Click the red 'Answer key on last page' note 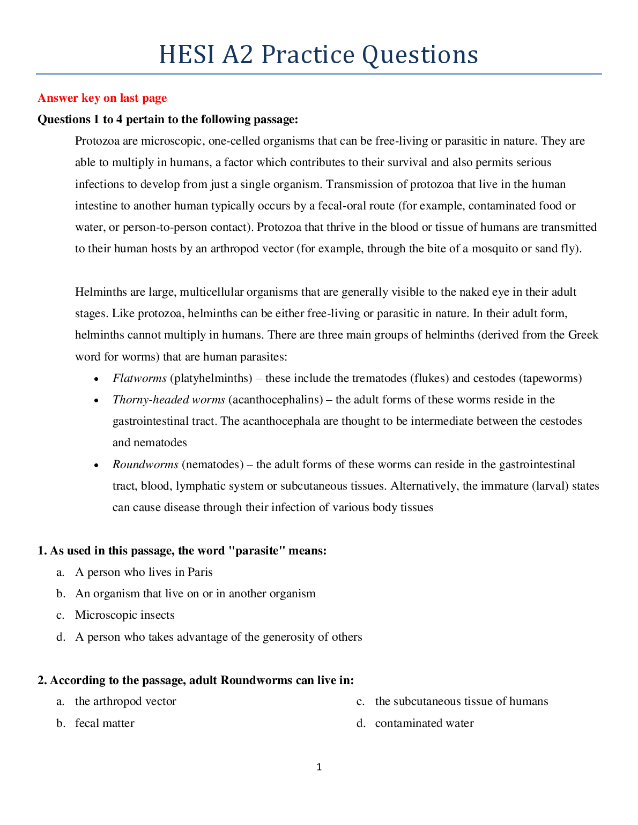pyautogui.click(x=102, y=98)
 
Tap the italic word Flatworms pyautogui.click(x=139, y=378)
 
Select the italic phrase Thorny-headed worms pyautogui.click(x=168, y=400)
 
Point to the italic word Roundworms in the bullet pyautogui.click(x=145, y=464)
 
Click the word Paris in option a pyautogui.click(x=200, y=572)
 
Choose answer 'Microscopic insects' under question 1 pyautogui.click(x=124, y=615)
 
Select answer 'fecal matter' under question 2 pyautogui.click(x=105, y=723)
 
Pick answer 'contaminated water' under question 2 pyautogui.click(x=424, y=723)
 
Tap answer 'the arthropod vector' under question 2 pyautogui.click(x=125, y=701)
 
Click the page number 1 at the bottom pyautogui.click(x=319, y=767)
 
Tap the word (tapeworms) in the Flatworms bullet pyautogui.click(x=550, y=378)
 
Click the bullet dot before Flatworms pyautogui.click(x=96, y=379)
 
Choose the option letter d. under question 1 pyautogui.click(x=61, y=637)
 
